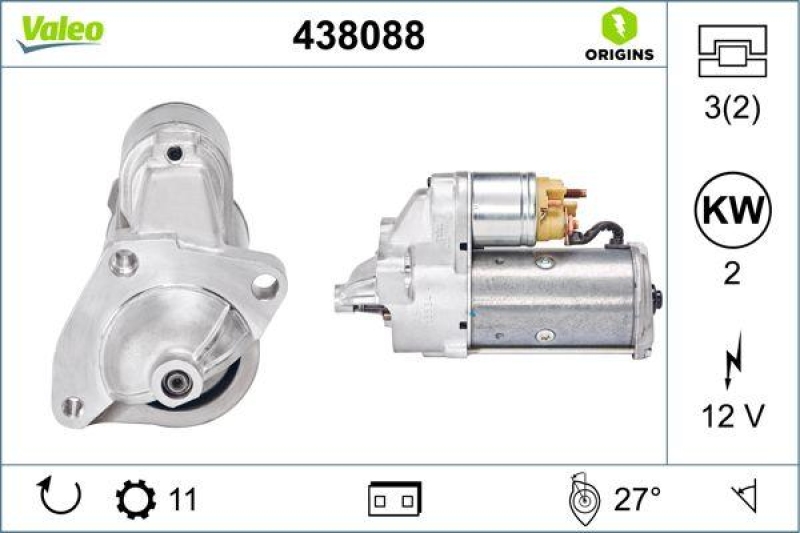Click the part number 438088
(358, 36)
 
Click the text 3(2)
(732, 109)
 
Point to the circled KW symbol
(732, 211)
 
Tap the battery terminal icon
(394, 498)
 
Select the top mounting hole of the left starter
(176, 154)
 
